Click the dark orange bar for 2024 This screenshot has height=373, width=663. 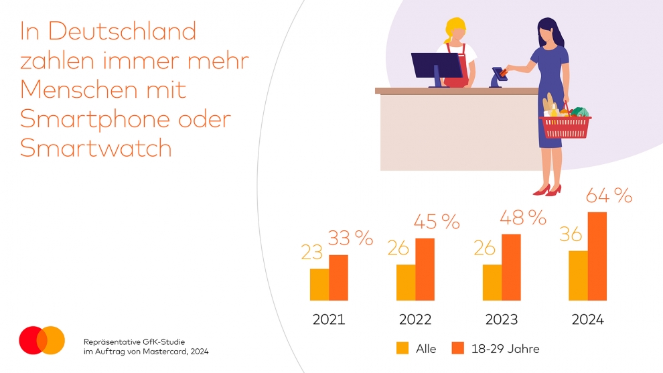click(x=597, y=256)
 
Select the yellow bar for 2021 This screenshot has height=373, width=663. click(x=319, y=284)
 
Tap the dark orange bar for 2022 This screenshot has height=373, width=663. click(x=425, y=269)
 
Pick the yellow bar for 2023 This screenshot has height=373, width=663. click(x=492, y=282)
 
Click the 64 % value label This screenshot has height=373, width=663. click(x=609, y=196)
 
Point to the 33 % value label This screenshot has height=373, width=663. click(x=350, y=238)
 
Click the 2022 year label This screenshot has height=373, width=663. click(x=415, y=319)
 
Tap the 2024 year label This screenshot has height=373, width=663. click(x=587, y=319)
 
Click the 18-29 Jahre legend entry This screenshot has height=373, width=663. click(x=496, y=348)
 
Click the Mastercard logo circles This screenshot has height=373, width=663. click(x=42, y=340)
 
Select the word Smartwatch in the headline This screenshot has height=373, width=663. click(x=96, y=148)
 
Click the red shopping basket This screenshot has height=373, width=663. click(x=566, y=125)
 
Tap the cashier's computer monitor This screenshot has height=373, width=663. click(x=437, y=66)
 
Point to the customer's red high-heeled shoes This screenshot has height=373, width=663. click(x=547, y=190)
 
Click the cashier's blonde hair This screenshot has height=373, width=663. click(x=455, y=29)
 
